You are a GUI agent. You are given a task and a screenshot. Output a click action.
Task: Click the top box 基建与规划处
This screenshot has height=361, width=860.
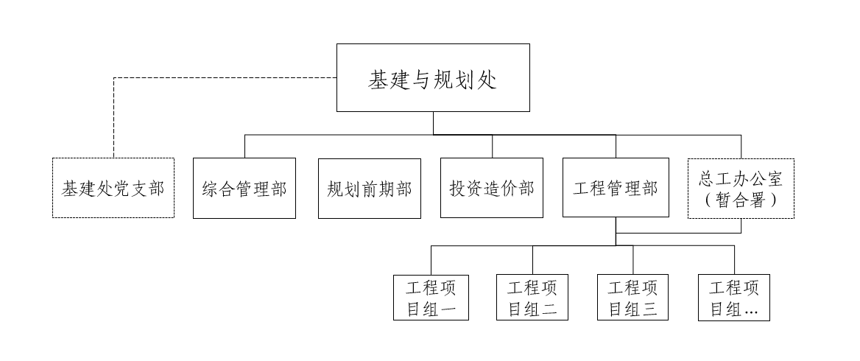(x=433, y=78)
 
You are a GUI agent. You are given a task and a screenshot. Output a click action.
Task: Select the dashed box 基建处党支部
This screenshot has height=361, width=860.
(x=113, y=188)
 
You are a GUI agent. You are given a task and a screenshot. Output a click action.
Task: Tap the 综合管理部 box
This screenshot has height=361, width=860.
(x=244, y=188)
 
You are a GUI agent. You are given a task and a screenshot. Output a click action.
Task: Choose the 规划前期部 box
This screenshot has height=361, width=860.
(x=369, y=188)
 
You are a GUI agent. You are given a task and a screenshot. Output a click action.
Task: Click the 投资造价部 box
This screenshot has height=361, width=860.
(x=492, y=188)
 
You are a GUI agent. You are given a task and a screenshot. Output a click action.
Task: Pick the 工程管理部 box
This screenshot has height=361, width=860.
(x=616, y=188)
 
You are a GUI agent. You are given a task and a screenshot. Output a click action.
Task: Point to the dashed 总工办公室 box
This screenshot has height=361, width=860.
(x=741, y=188)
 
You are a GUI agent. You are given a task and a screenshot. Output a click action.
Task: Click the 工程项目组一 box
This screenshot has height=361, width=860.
(x=431, y=297)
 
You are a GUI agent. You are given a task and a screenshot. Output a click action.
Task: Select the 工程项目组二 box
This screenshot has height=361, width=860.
(x=532, y=297)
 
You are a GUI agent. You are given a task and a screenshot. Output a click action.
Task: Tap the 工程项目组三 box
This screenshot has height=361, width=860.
(x=633, y=297)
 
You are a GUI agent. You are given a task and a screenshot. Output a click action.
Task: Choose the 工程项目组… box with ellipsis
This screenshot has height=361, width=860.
(x=734, y=297)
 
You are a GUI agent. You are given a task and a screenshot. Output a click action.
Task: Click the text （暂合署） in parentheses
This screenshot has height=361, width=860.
(x=741, y=198)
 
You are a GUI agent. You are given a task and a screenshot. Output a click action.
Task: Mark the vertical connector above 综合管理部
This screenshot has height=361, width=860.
(x=244, y=146)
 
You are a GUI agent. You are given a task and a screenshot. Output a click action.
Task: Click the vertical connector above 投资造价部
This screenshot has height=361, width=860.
(x=492, y=146)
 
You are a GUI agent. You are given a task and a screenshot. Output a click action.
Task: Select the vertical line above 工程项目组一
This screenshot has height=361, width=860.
(x=431, y=259)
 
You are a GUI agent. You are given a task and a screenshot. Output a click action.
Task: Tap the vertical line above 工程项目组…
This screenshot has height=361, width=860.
(x=734, y=259)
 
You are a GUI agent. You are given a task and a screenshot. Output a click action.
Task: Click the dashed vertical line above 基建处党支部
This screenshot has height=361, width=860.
(x=113, y=118)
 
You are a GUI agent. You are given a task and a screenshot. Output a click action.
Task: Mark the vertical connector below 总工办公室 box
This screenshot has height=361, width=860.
(x=741, y=225)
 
